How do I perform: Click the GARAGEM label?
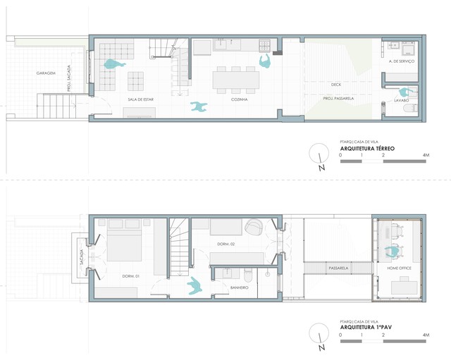coord(46,73)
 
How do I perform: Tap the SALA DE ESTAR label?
coord(141,99)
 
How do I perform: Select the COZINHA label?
coord(240,99)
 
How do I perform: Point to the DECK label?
coord(336,85)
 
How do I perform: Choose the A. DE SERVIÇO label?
coord(402,61)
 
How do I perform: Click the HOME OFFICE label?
coord(400,268)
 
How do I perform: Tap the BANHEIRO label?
coord(240,287)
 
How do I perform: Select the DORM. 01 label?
coord(131,276)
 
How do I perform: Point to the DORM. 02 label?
coord(225,244)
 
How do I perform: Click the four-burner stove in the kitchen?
coord(264,45)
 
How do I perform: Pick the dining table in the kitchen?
coord(236,80)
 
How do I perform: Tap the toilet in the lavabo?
coord(410,108)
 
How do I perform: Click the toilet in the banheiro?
coord(247,275)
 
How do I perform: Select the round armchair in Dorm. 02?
coord(254,226)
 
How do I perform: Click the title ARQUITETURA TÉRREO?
coord(367,149)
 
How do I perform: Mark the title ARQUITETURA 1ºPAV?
coord(366,327)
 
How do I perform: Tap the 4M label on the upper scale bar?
coord(426,155)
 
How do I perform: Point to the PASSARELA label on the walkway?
coord(338,268)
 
